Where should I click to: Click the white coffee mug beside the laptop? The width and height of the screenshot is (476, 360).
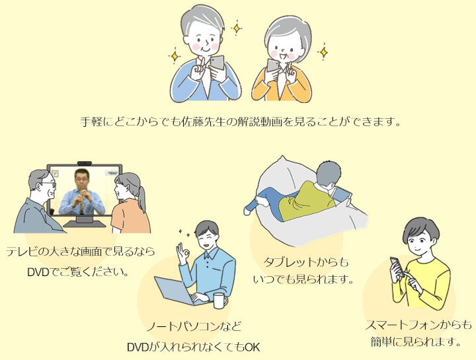[220, 301]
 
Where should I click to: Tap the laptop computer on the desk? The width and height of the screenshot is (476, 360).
[176, 291]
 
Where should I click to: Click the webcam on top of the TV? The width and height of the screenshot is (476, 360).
[85, 163]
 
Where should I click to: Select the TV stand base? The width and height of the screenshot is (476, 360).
[85, 223]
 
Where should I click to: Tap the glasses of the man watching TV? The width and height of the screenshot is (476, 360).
[48, 184]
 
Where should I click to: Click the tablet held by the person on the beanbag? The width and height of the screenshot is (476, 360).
[342, 194]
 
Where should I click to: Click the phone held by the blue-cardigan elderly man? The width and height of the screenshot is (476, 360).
[217, 63]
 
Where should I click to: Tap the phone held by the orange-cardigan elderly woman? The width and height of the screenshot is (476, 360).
[273, 65]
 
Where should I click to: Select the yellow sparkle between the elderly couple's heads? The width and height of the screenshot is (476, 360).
[237, 28]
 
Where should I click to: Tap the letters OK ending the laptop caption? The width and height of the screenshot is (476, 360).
[253, 347]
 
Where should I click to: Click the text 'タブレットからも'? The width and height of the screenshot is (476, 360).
[305, 262]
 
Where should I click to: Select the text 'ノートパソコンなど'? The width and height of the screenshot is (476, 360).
[194, 327]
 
